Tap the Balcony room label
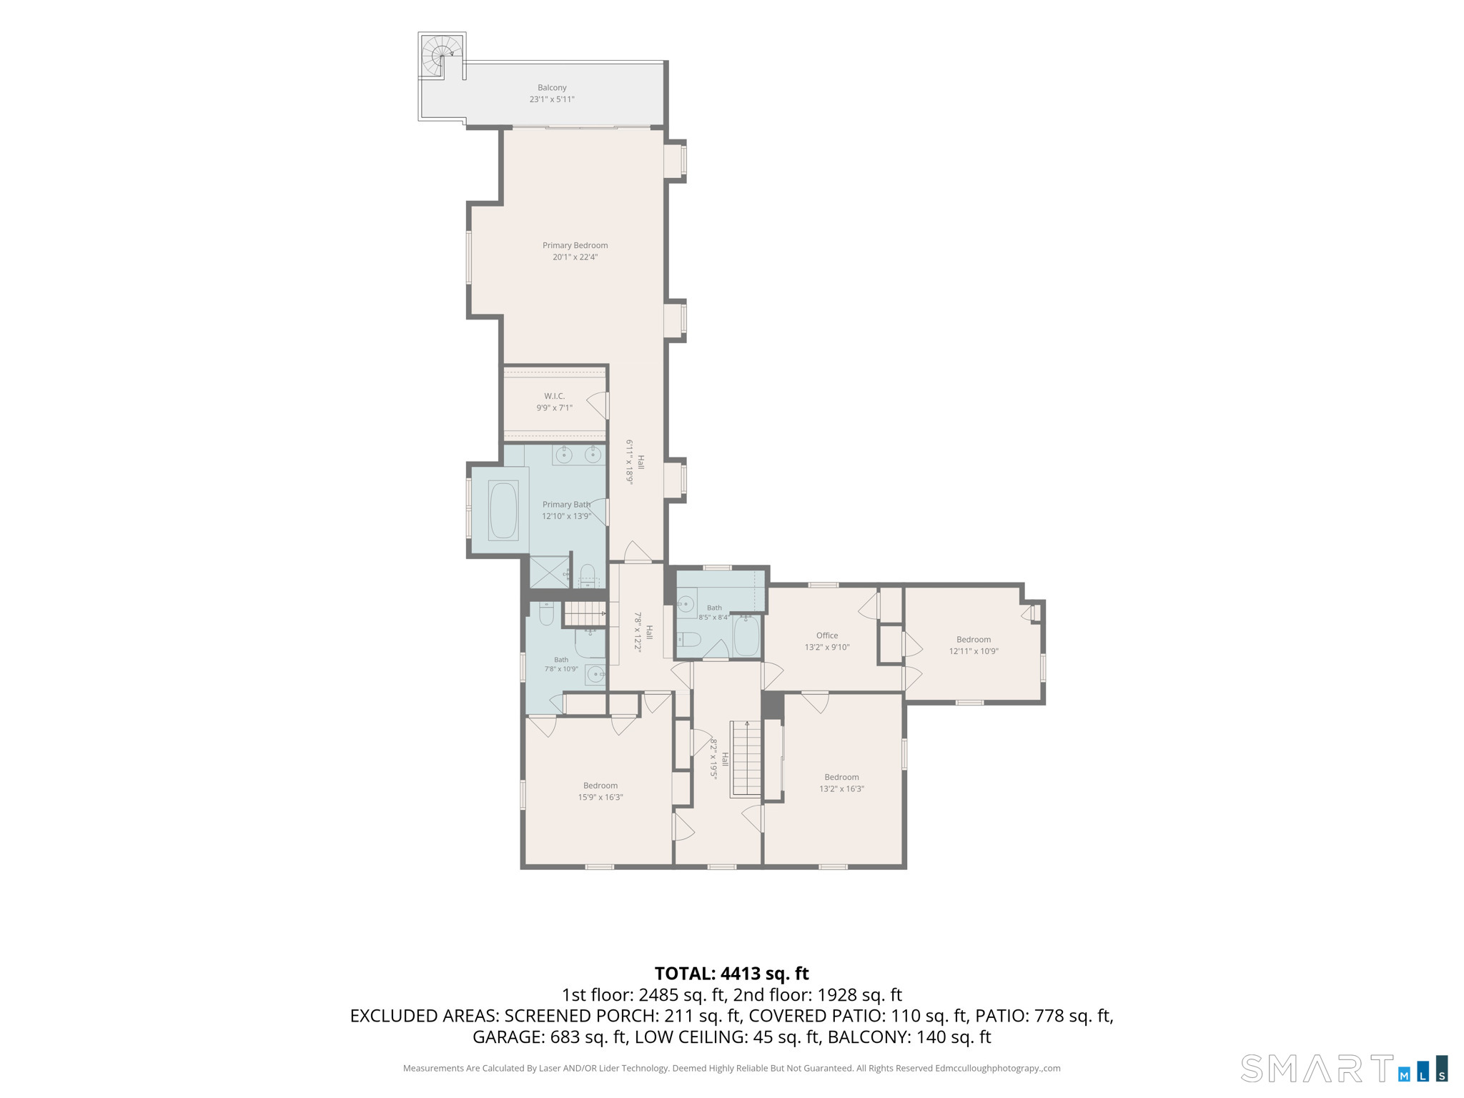(x=552, y=88)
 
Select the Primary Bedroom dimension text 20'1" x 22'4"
(x=575, y=257)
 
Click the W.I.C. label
(x=554, y=396)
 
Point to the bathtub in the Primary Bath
(x=503, y=510)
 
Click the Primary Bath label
(x=566, y=505)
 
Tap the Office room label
(x=827, y=635)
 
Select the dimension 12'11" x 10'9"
(x=974, y=651)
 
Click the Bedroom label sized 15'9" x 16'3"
(x=600, y=786)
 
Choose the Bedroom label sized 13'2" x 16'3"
(x=841, y=777)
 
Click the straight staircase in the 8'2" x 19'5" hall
(x=746, y=758)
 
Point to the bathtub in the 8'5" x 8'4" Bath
(x=746, y=635)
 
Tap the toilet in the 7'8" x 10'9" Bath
(x=546, y=613)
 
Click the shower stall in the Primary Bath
(x=549, y=573)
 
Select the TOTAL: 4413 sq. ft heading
(x=732, y=974)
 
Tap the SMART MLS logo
(x=1345, y=1069)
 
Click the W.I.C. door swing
(x=598, y=405)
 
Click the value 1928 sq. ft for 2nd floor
(x=860, y=995)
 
